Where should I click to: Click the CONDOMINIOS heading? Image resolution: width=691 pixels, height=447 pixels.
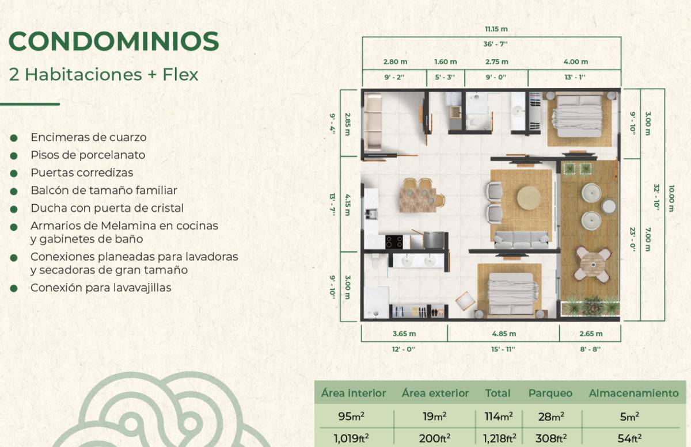point(114,41)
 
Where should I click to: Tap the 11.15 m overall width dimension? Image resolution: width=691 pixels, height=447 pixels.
point(496,29)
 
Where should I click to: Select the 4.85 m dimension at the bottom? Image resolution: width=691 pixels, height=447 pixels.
point(504,334)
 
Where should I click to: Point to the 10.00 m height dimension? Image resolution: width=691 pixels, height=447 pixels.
point(671,198)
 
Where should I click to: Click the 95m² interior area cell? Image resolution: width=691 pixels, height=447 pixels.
point(351,417)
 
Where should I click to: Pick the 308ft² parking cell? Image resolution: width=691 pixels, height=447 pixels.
point(551,438)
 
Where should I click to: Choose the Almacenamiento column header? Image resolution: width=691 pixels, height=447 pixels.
point(633,393)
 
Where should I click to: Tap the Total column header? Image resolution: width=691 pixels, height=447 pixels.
point(498,393)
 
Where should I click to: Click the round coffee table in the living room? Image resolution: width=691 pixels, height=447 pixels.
point(529,198)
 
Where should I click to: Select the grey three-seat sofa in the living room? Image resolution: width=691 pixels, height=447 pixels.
point(521,240)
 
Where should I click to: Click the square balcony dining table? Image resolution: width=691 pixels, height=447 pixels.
point(593,265)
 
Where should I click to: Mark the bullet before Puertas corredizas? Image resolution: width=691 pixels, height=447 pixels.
point(14,174)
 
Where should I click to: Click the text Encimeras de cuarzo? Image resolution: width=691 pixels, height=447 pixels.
point(89,137)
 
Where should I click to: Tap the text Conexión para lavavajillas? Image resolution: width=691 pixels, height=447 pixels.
point(101,288)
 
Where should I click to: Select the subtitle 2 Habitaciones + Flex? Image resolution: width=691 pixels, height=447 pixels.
point(104,75)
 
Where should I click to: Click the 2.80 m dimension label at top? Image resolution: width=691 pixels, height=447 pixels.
point(395,62)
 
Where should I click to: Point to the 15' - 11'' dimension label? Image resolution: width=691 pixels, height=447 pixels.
point(503,349)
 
